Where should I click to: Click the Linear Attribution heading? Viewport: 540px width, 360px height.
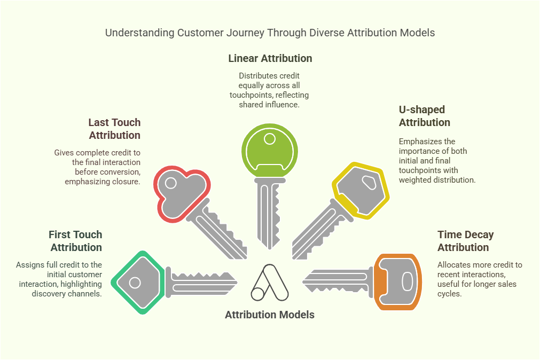(x=270, y=58)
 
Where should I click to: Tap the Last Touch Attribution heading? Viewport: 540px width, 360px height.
(x=114, y=129)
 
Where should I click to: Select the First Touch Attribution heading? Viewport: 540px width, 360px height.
(x=75, y=241)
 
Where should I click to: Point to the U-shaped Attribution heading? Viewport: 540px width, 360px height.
(x=424, y=116)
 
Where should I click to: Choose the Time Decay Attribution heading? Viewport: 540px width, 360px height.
(x=465, y=241)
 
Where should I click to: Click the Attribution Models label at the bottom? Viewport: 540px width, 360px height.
(x=270, y=315)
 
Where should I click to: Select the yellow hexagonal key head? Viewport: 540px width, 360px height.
(x=361, y=189)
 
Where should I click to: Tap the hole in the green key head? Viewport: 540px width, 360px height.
(x=270, y=139)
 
